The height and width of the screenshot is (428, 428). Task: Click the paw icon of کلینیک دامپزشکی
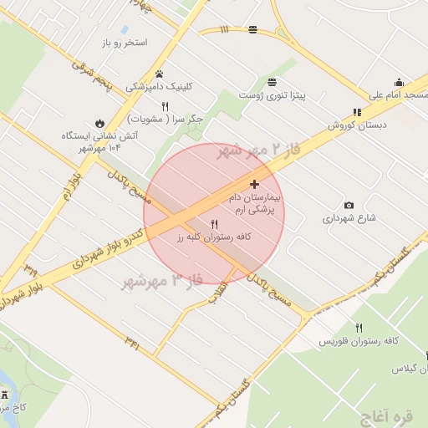click(x=159, y=74)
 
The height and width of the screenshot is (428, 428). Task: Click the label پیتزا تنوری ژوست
click(x=273, y=96)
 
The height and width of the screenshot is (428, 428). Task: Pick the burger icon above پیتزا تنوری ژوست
click(x=273, y=82)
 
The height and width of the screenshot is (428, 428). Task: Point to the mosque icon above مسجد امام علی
click(x=399, y=82)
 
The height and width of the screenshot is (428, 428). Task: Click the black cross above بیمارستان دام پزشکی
click(x=254, y=184)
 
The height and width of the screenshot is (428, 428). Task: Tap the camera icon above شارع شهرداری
click(x=349, y=206)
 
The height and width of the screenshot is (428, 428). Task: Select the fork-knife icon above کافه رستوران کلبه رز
click(x=214, y=224)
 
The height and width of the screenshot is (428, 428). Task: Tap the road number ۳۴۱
click(x=132, y=339)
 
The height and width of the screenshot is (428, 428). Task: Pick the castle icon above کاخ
click(x=4, y=393)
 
